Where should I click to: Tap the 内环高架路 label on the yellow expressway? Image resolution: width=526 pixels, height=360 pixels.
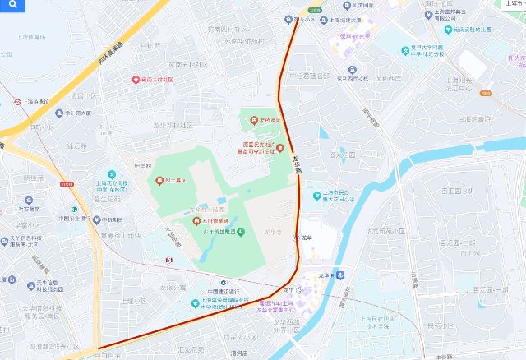108,53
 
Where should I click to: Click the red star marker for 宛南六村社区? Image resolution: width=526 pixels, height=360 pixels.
136,80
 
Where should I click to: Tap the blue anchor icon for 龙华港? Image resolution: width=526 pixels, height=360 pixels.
339,275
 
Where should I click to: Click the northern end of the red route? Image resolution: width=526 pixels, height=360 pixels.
298,17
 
